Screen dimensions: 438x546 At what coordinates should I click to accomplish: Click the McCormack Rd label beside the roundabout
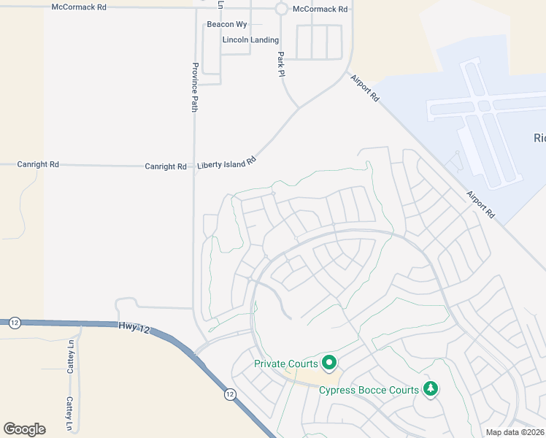click(x=320, y=9)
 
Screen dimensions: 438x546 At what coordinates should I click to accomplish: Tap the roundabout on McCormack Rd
click(x=281, y=9)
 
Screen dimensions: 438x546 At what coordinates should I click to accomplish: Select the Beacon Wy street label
click(x=227, y=24)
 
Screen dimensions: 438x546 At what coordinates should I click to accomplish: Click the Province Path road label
click(x=195, y=87)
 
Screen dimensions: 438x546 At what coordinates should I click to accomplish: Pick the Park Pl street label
click(x=280, y=65)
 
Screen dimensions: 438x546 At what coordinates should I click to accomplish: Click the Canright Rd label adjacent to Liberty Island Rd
click(x=166, y=166)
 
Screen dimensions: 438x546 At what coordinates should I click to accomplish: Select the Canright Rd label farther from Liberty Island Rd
click(x=38, y=165)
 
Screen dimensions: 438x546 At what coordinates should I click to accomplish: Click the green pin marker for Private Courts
click(x=328, y=361)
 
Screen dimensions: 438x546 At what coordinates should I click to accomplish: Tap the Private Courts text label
click(x=285, y=364)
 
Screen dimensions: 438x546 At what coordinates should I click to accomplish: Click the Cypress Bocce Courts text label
click(x=369, y=390)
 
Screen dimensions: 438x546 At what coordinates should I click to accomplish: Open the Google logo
click(x=24, y=429)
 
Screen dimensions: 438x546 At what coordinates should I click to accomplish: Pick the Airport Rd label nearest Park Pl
click(x=365, y=88)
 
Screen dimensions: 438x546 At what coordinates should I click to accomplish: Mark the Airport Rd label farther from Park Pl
click(x=482, y=204)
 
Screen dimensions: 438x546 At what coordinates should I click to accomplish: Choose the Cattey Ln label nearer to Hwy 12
click(x=72, y=358)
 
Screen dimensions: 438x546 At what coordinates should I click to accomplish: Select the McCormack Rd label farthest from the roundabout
click(x=79, y=7)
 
